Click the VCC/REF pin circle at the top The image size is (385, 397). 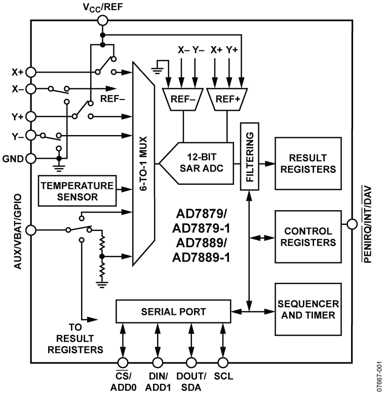click(x=102, y=20)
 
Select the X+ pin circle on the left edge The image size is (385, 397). click(x=30, y=72)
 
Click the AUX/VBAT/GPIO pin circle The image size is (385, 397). click(x=30, y=230)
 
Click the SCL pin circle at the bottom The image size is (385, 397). click(x=222, y=362)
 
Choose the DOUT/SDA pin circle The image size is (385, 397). click(x=190, y=362)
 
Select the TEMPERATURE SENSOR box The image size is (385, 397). click(x=77, y=190)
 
